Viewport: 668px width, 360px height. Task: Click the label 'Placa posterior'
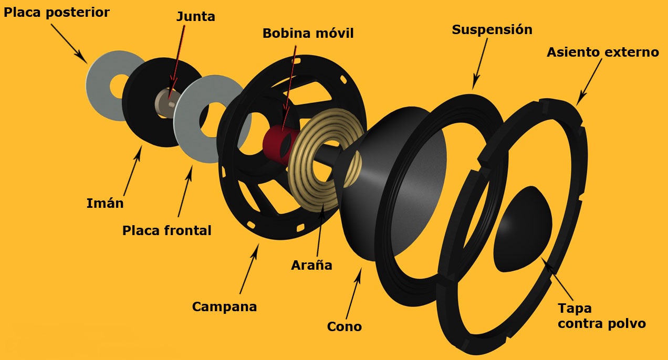pos(56,13)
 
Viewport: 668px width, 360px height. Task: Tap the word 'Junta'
pos(196,16)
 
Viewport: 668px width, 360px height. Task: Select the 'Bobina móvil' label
pos(308,33)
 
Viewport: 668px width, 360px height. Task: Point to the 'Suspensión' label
pos(492,30)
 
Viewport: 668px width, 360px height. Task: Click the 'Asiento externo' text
pos(603,52)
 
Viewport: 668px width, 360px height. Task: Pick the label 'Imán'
pos(105,203)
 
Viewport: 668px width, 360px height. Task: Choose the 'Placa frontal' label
pos(166,230)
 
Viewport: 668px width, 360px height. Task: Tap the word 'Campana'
pos(224,306)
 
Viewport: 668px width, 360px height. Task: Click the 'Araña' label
pos(311,265)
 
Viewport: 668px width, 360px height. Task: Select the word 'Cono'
pos(345,326)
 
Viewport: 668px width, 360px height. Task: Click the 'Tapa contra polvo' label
pos(602,316)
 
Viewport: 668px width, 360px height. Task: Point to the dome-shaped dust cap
pos(523,229)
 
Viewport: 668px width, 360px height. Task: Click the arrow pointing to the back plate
pos(69,44)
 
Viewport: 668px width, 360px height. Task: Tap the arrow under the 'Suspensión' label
pos(480,64)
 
